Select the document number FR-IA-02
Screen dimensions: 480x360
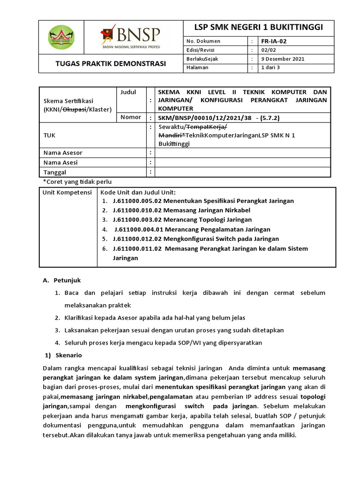[274, 41]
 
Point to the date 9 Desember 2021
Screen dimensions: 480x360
[283, 59]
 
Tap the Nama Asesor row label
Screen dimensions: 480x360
[63, 153]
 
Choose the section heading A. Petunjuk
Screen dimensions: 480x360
[62, 280]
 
